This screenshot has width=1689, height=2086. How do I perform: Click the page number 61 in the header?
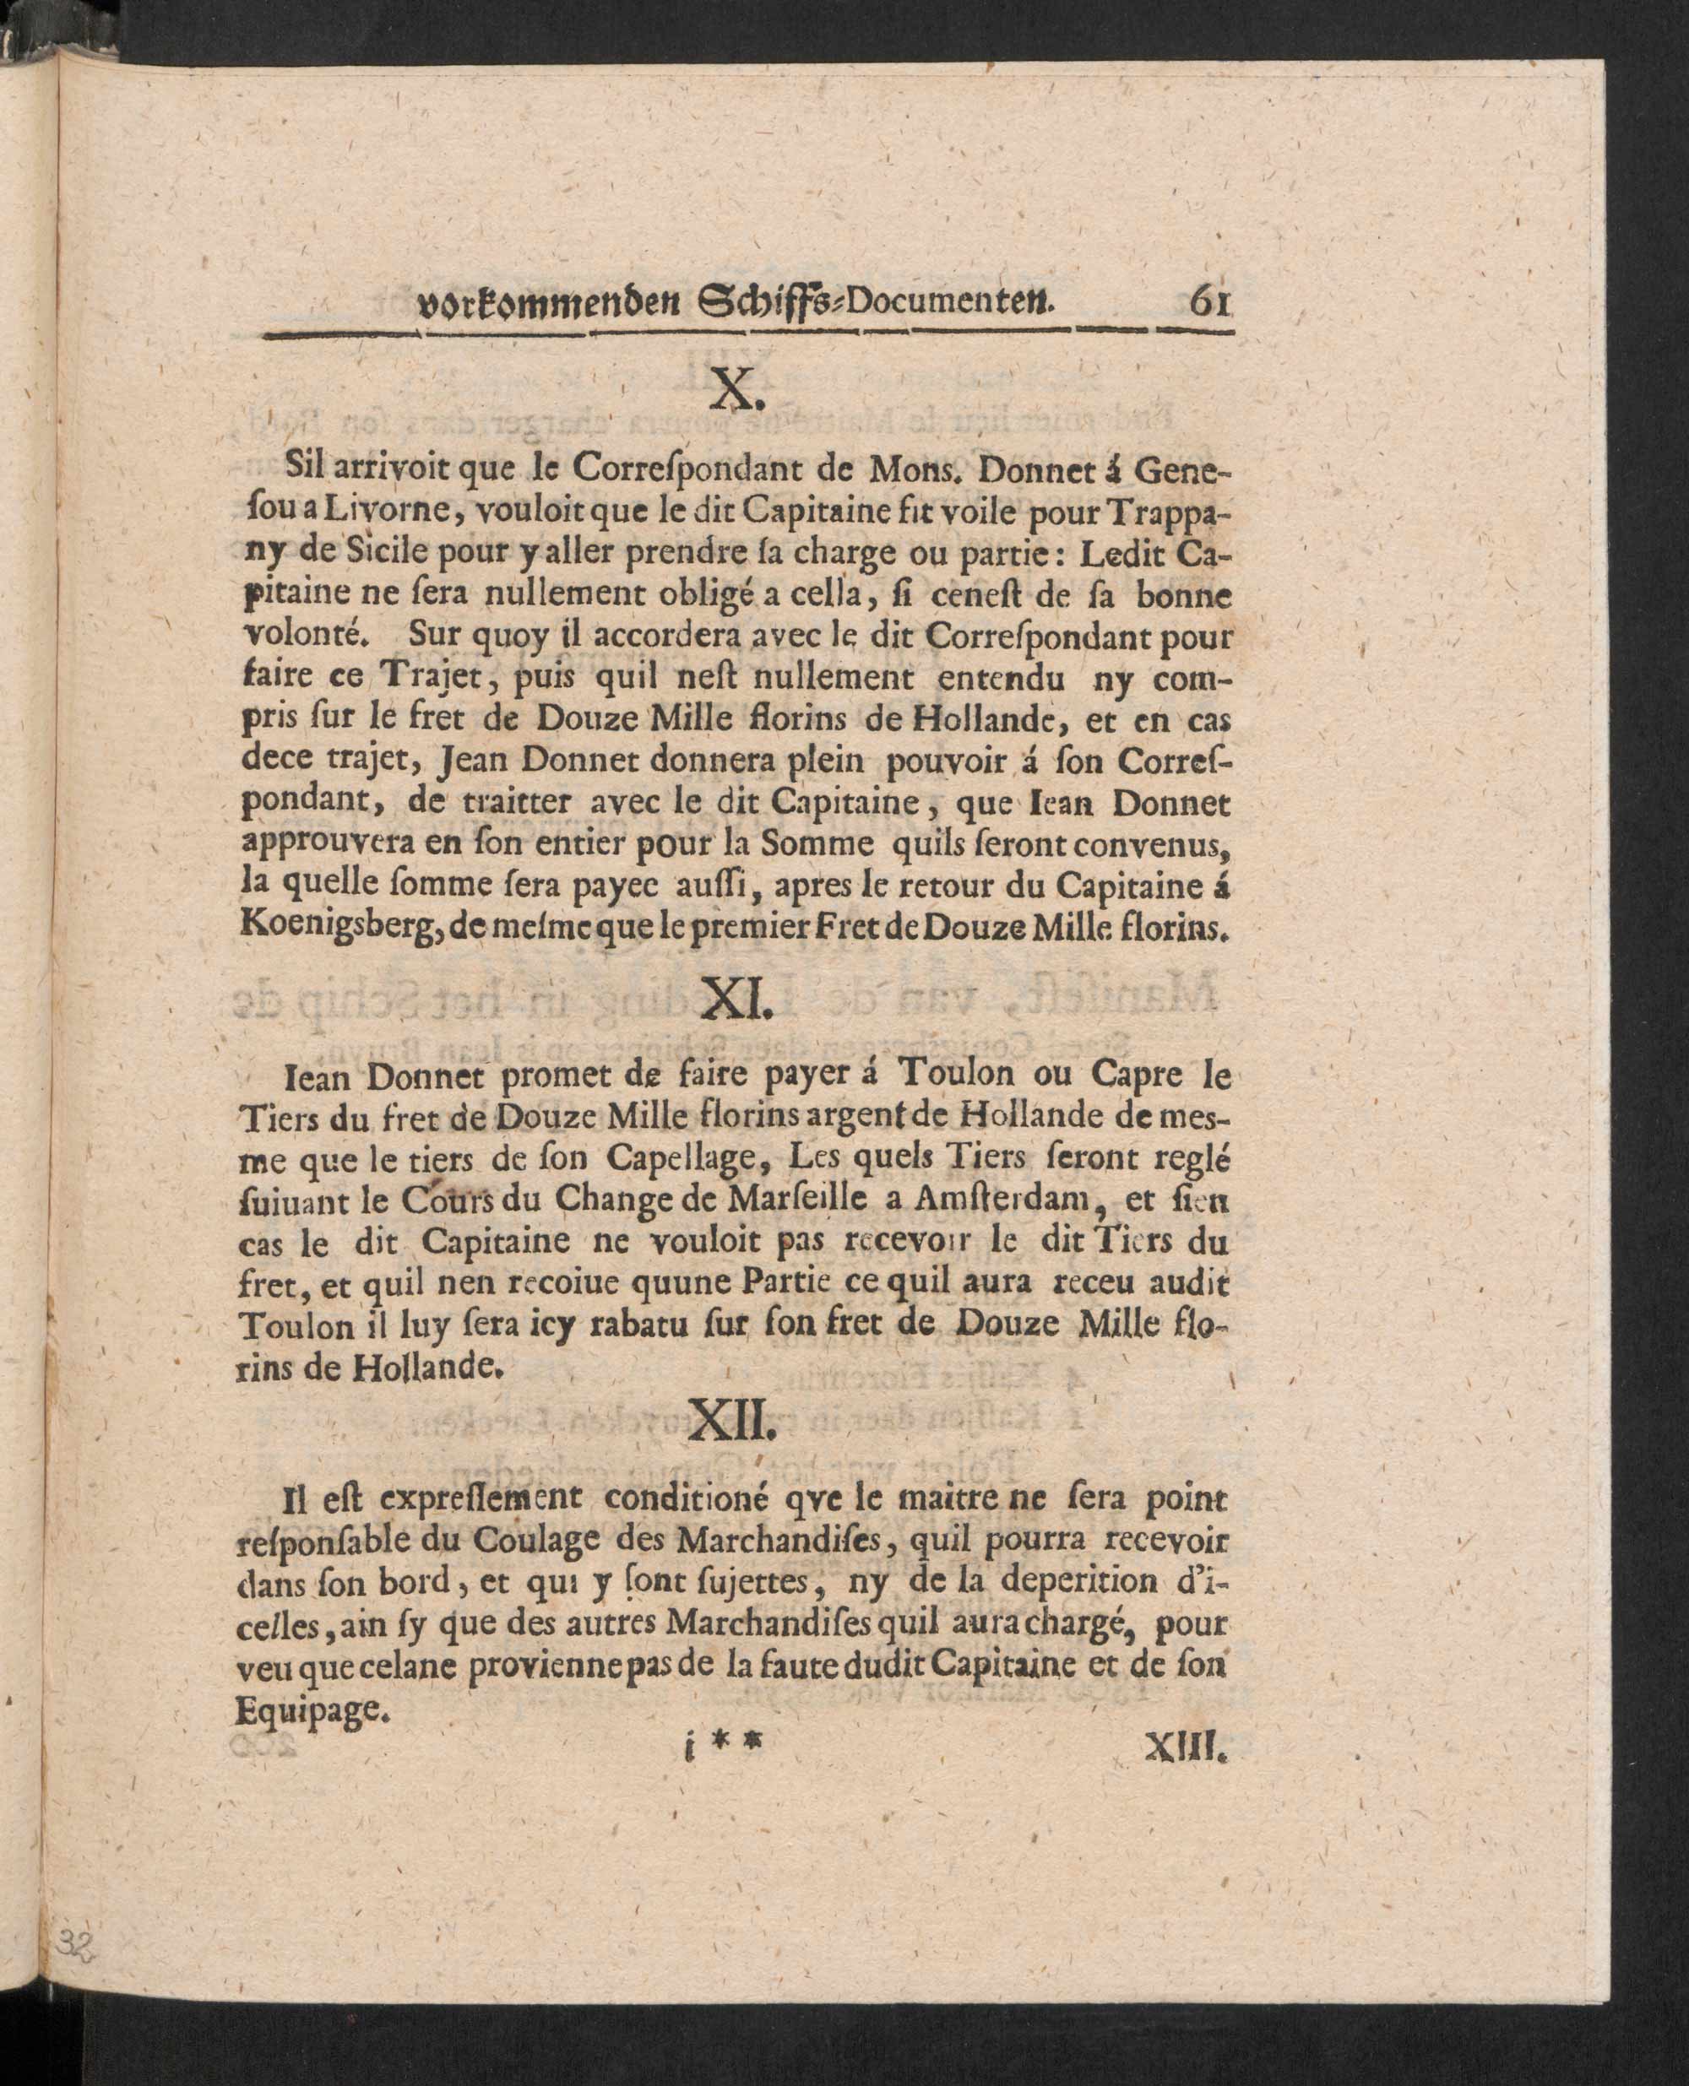click(x=1210, y=301)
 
